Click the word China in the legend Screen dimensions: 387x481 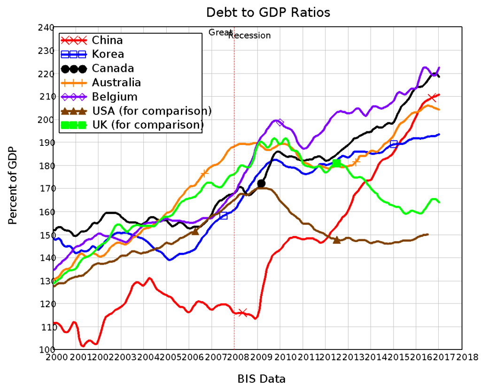107,40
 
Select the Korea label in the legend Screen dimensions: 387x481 108,54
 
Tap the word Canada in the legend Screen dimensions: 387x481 113,68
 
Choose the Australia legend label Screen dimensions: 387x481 116,83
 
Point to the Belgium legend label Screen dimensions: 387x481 115,97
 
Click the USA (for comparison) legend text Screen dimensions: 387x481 146,111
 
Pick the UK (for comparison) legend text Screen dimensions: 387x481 147,125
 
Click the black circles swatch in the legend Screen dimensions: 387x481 74,69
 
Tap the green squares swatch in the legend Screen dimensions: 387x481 74,125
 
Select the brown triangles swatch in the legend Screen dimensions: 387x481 74,111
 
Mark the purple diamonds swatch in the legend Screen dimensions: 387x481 74,97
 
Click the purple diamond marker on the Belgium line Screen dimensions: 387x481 279,122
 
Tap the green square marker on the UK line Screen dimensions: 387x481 336,163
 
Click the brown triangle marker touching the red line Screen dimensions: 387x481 337,240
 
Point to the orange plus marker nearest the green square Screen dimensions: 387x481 356,162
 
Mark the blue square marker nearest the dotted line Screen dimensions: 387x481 224,216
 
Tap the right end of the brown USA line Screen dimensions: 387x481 427,234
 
